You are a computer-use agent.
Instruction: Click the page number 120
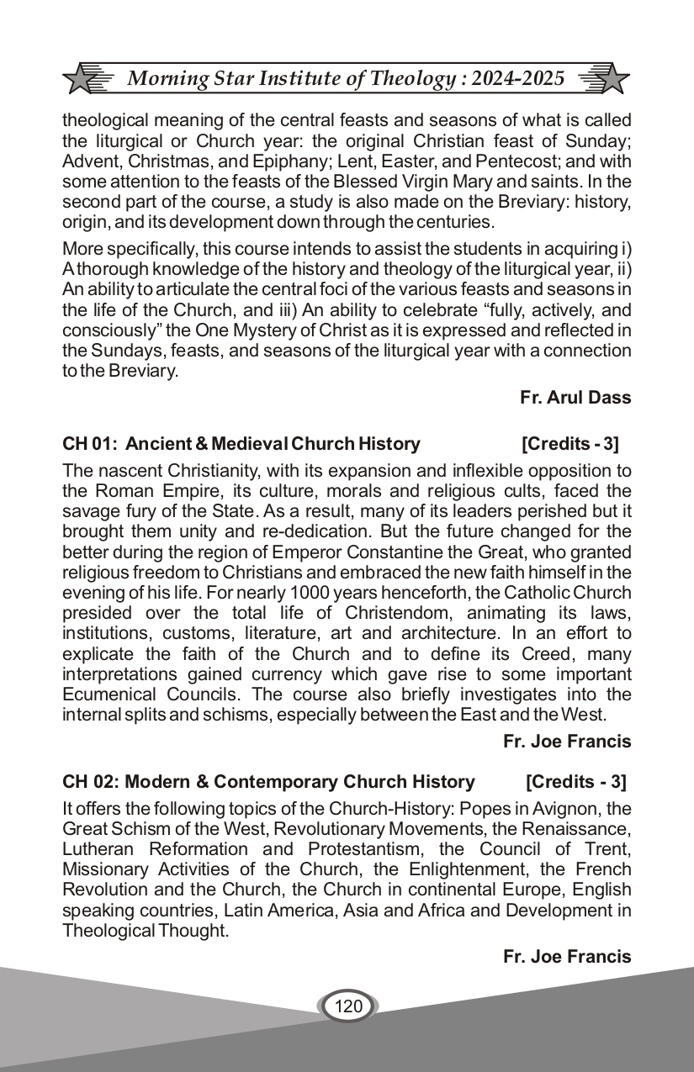[x=347, y=1006]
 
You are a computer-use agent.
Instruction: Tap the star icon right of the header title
[x=614, y=79]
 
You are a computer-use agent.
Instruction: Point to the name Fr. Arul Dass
[x=575, y=398]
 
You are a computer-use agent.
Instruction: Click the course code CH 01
[x=88, y=444]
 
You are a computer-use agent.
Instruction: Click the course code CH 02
[x=88, y=782]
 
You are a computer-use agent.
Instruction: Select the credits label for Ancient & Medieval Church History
[x=570, y=444]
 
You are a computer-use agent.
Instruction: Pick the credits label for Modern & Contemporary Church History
[x=576, y=782]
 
